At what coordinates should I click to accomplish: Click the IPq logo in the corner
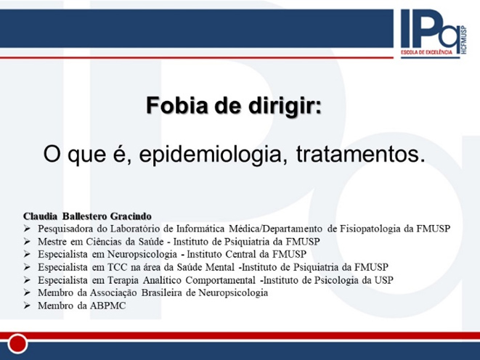[434, 33]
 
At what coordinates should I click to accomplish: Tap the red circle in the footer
[17, 343]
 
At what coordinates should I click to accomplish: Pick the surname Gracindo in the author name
[131, 216]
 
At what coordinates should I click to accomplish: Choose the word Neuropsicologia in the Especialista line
[142, 255]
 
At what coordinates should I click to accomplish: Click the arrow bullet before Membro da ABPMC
[28, 306]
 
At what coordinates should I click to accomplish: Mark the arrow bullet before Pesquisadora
[28, 229]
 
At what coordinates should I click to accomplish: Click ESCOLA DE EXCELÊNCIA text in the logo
[427, 52]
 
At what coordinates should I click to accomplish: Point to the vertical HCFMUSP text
[463, 40]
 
